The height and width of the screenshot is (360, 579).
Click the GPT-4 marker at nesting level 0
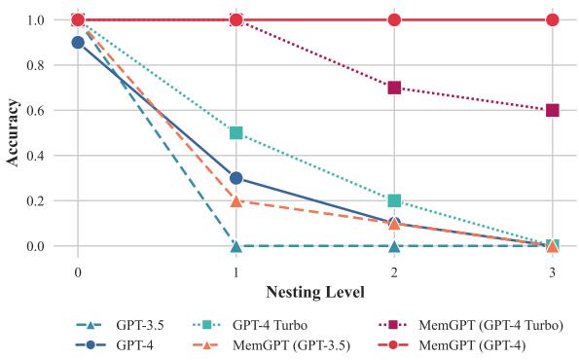coord(78,43)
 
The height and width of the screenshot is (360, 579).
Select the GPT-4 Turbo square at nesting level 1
coord(235,133)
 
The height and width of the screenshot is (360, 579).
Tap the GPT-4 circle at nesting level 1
coord(235,178)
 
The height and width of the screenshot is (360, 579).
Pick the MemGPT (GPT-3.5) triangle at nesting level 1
coord(235,201)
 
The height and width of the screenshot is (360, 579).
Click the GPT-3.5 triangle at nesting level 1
coord(235,246)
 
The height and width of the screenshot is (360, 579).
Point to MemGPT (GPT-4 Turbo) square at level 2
coord(394,88)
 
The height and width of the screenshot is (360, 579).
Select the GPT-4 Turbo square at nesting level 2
coord(394,200)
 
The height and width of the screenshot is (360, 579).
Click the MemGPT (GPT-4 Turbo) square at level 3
coord(553,110)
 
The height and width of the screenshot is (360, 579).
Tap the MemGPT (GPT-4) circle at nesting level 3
coord(553,19)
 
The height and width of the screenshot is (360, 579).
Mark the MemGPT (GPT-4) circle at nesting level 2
coord(394,19)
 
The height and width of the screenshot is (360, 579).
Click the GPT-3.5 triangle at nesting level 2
coord(394,246)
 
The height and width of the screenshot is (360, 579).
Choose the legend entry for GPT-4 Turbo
coord(250,325)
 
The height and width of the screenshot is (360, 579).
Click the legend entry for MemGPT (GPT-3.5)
coord(271,345)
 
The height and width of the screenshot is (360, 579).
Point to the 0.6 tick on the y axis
coord(36,110)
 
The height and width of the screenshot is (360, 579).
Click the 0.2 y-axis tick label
coord(36,200)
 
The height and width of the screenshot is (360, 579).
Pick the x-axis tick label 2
coord(394,272)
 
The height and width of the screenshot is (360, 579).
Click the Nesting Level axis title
coord(315,293)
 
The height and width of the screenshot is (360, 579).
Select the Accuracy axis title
coord(12,133)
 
